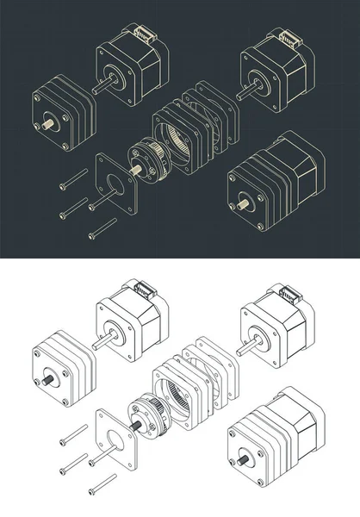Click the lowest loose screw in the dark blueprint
(102, 228)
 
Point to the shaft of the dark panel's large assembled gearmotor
(245, 204)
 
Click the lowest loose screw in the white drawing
(102, 485)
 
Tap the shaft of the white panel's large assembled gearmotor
(245, 462)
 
